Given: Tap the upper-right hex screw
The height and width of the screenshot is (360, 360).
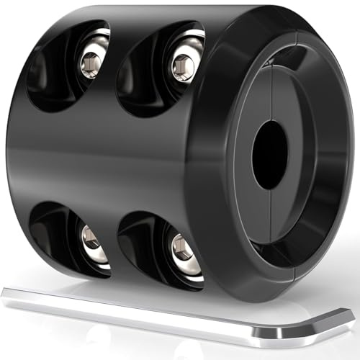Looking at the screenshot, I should click(x=183, y=67).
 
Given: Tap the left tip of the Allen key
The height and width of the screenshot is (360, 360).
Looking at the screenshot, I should click(x=6, y=292).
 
